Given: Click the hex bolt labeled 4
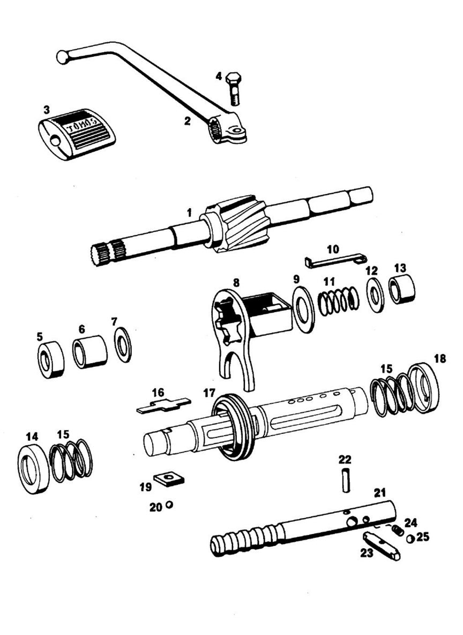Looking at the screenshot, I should pos(234,88).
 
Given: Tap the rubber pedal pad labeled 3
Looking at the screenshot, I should pos(76,134).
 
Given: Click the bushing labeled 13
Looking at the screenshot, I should pos(402,289).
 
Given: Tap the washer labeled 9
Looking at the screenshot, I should pos(304,308).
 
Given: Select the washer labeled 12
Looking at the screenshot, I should pos(375,296).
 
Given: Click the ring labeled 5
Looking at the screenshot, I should pos(51,359).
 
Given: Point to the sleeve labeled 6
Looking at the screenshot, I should pos(90,352).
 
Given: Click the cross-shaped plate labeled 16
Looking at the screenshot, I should pos(163,404).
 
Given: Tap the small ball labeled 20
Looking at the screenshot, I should pos(169,505).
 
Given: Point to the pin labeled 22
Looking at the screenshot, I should pos(346,479).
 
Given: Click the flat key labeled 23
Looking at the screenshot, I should pos(382,547).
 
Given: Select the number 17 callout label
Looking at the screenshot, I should pos(210,393).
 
